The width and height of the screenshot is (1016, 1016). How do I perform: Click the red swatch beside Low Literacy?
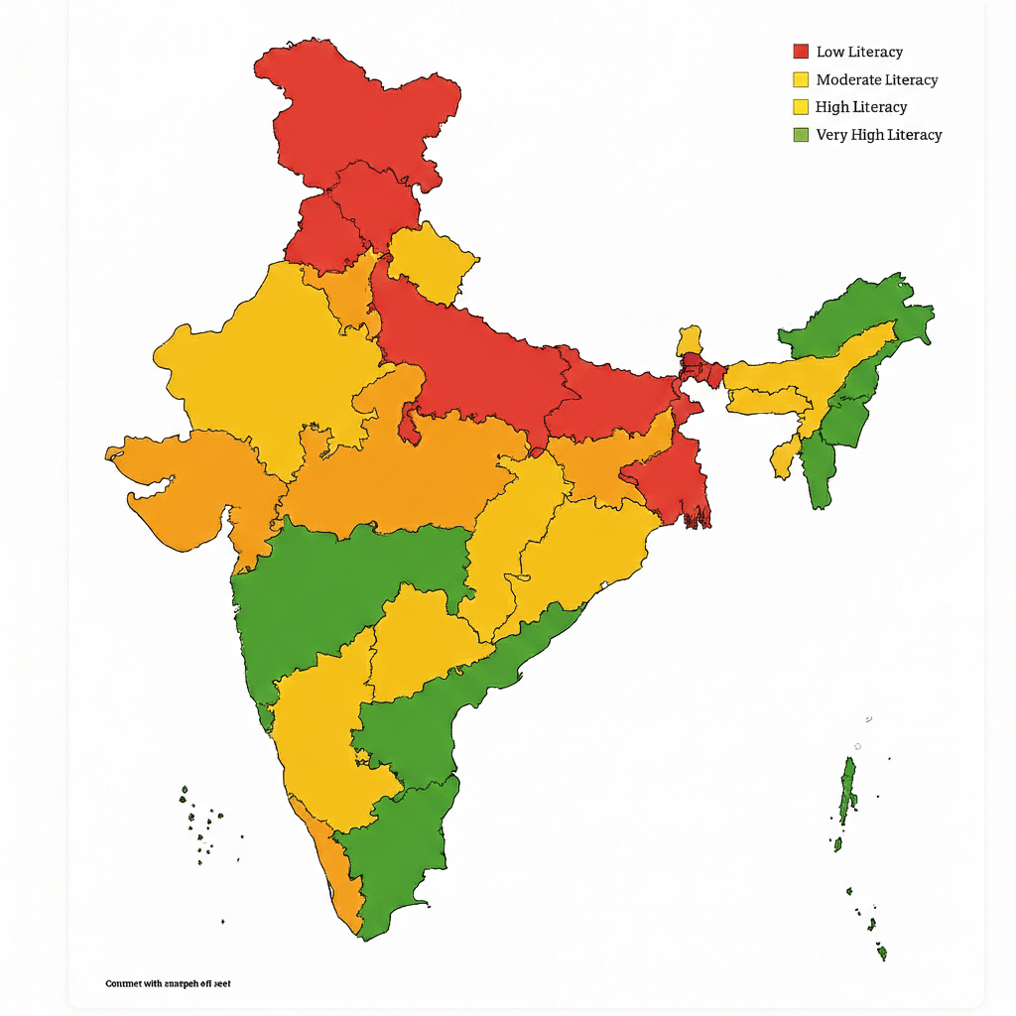pyautogui.click(x=801, y=52)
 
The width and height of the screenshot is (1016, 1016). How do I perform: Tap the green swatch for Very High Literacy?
pyautogui.click(x=801, y=134)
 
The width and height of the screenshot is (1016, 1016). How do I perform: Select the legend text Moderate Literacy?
pyautogui.click(x=876, y=79)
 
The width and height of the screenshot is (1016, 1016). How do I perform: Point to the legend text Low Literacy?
pyautogui.click(x=859, y=52)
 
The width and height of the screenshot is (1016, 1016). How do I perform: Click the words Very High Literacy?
pyautogui.click(x=878, y=134)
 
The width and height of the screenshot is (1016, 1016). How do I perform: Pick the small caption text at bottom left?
pyautogui.click(x=168, y=983)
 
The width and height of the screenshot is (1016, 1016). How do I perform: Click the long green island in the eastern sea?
pyautogui.click(x=847, y=789)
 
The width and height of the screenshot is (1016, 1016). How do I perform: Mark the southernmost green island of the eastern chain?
pyautogui.click(x=881, y=953)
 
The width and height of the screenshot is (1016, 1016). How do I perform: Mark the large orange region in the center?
pyautogui.click(x=417, y=476)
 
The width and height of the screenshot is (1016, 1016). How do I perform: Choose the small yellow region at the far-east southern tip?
pyautogui.click(x=784, y=459)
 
